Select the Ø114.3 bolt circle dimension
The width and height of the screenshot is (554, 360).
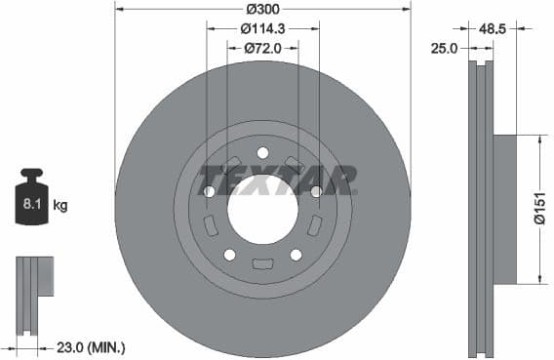click(x=262, y=27)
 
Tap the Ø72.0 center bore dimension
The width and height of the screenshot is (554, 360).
click(x=262, y=46)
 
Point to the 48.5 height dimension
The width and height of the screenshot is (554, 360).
click(x=493, y=30)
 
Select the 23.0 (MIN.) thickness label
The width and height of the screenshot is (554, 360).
click(x=91, y=346)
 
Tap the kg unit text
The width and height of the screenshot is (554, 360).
click(x=60, y=205)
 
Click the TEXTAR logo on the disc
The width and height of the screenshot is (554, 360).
click(x=278, y=180)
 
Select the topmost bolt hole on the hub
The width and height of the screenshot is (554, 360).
click(x=262, y=152)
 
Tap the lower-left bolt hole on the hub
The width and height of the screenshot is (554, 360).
click(x=229, y=255)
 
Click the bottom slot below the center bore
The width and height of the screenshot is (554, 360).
click(x=262, y=263)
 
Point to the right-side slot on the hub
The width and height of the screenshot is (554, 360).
click(x=314, y=225)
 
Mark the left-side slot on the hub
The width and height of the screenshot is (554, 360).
click(x=211, y=225)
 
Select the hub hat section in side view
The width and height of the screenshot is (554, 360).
click(x=503, y=208)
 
